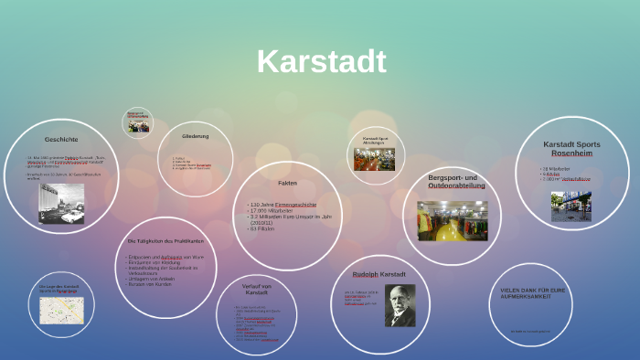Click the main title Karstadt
(321, 61)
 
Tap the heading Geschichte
(61, 139)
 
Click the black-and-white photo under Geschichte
(61, 203)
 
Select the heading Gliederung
(195, 136)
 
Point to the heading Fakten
(287, 183)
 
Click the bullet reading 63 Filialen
(264, 228)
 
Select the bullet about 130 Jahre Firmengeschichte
(283, 204)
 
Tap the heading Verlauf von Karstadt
(256, 289)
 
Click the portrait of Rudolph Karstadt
(400, 304)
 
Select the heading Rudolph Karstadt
(379, 274)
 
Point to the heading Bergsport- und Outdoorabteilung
(453, 181)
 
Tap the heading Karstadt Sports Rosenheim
(571, 149)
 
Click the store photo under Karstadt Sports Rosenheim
(571, 206)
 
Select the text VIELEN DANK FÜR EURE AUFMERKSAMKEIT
(533, 293)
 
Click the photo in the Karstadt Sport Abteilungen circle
(374, 159)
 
